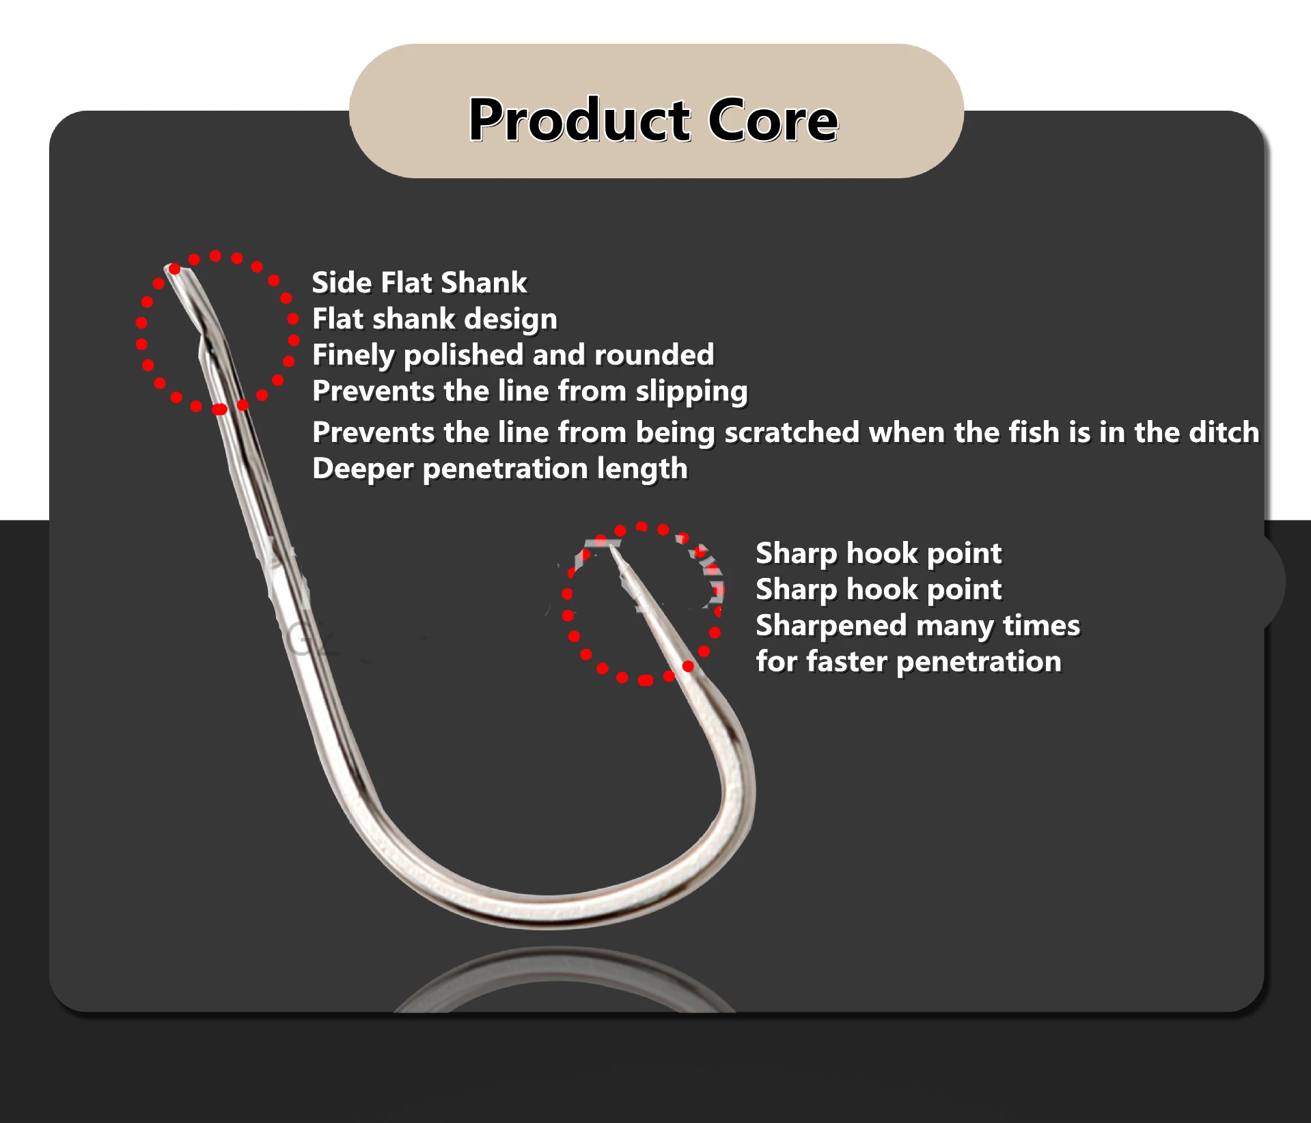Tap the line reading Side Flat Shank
click(x=419, y=282)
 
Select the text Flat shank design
click(x=434, y=319)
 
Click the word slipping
click(x=691, y=391)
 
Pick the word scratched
click(x=791, y=432)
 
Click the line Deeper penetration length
click(x=500, y=469)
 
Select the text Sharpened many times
click(x=917, y=626)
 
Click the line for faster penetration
click(x=909, y=661)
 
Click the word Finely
click(x=353, y=355)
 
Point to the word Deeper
click(x=363, y=469)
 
